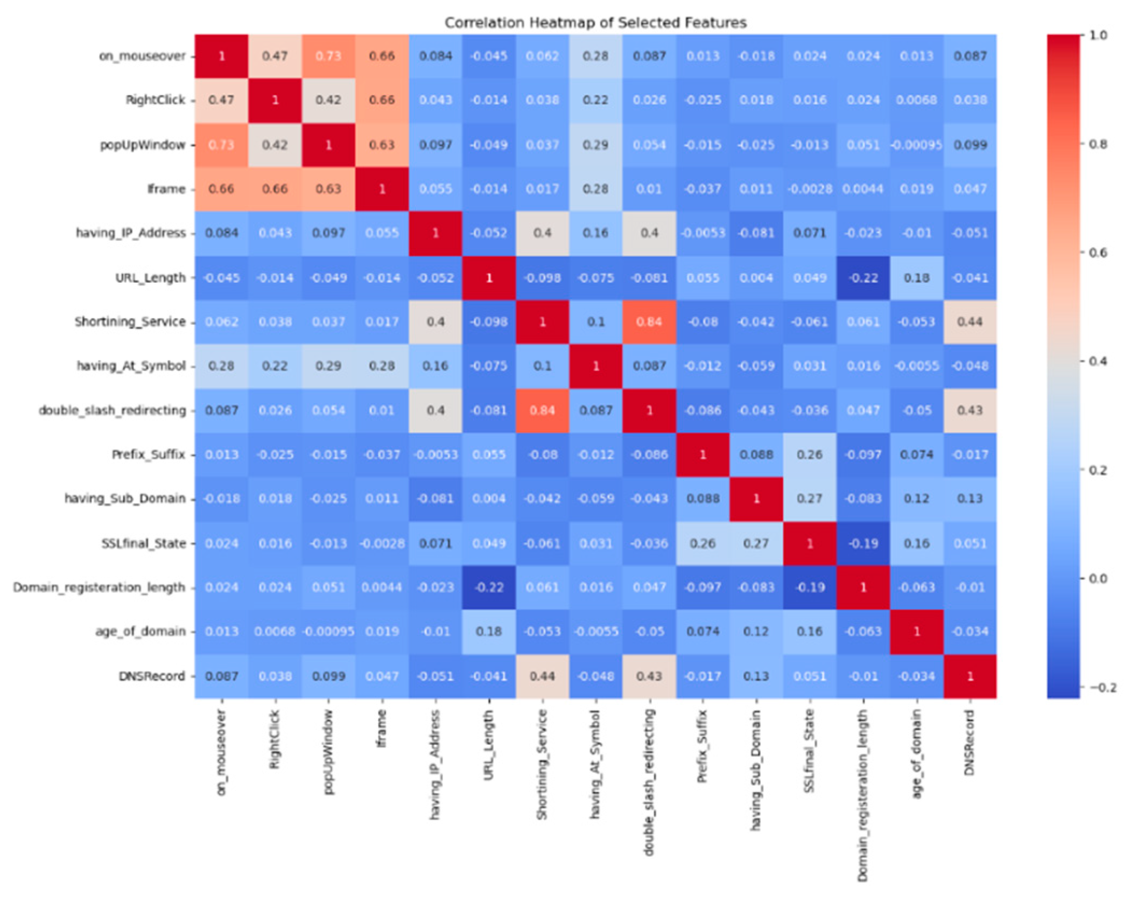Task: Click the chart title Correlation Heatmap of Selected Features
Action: [595, 23]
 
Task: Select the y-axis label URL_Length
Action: [150, 278]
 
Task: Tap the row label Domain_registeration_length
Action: [99, 587]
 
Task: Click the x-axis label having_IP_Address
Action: [435, 765]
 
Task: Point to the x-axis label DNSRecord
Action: [970, 743]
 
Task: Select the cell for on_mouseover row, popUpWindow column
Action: [328, 56]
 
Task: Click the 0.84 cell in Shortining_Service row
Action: [649, 321]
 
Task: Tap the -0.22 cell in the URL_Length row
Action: [863, 278]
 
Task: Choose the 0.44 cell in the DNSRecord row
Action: [542, 676]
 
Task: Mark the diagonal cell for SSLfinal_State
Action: [810, 543]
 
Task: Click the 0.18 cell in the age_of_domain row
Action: [489, 631]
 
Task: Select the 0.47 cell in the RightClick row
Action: [221, 100]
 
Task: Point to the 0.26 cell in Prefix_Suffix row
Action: [810, 455]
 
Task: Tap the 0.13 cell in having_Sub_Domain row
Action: [970, 498]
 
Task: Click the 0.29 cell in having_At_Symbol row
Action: [328, 366]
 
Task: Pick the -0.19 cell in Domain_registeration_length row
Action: [810, 587]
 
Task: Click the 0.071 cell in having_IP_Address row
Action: [810, 233]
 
